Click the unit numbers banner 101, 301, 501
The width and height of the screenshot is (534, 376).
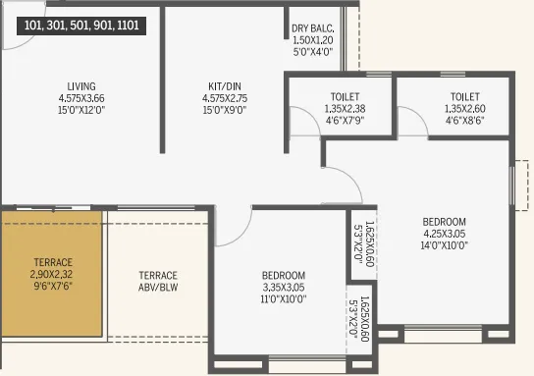(x=74, y=27)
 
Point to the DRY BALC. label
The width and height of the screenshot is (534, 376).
(x=313, y=28)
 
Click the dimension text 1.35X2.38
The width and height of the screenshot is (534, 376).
(x=339, y=109)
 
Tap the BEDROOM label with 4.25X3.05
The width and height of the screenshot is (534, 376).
(x=444, y=222)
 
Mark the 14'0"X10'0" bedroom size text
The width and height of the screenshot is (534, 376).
(x=444, y=246)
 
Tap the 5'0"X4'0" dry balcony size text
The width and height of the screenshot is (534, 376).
(x=313, y=53)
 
